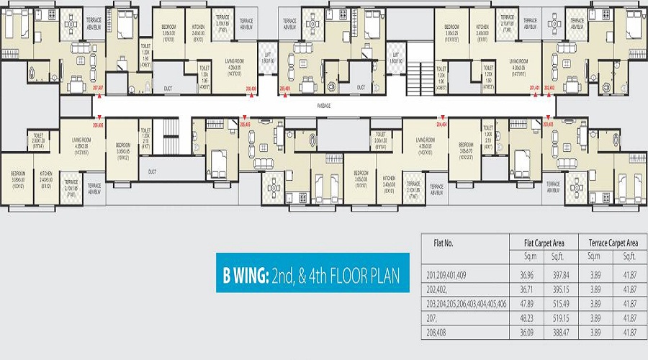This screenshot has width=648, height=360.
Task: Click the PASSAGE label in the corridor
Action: pos(324,105)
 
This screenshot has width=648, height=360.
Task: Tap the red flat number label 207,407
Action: pos(99,89)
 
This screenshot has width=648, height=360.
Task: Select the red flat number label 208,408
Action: pos(251,89)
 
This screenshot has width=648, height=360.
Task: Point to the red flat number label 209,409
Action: pos(285,89)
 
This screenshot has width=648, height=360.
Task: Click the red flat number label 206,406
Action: pos(99,124)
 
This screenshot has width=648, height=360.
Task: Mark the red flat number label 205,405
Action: pos(245,124)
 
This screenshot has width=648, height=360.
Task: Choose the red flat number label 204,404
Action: pos(441,124)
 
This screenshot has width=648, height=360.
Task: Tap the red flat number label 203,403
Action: pos(548,124)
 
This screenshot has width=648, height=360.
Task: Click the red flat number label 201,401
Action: pos(534,89)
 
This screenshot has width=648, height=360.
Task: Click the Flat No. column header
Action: pos(444,243)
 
